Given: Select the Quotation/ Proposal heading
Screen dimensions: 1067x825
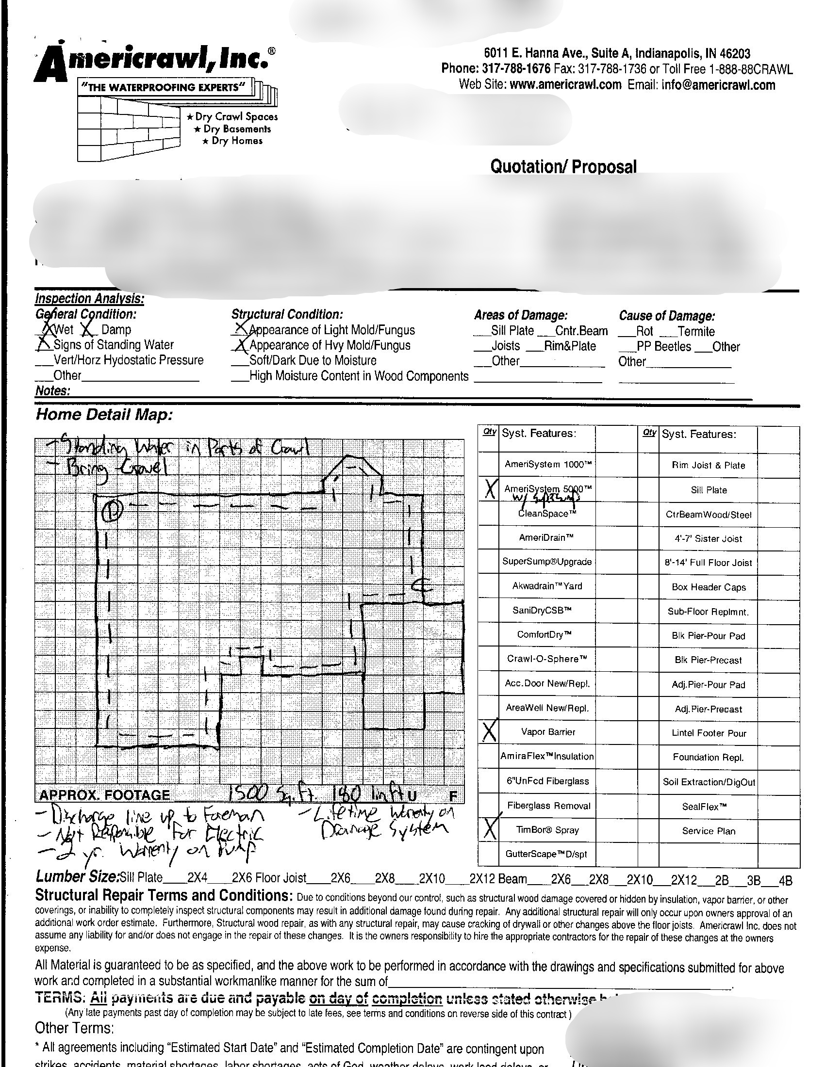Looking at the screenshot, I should coord(563,166).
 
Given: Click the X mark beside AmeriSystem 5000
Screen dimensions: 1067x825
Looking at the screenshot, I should coord(489,489).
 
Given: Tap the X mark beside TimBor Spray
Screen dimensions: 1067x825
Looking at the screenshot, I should coord(489,828).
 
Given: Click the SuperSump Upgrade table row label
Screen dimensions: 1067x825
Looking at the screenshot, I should coord(547,562).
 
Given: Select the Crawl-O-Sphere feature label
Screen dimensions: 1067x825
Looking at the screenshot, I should coord(547,659).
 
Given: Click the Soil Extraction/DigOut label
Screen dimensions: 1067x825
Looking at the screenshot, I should coord(709,782).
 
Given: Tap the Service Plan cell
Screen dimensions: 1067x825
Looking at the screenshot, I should coord(708,830).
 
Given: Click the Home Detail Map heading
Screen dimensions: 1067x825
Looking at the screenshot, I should coord(104,415).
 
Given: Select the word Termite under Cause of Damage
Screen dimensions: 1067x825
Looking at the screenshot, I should coord(696,332).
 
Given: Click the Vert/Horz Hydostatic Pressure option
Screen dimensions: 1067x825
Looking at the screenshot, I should coord(129,360).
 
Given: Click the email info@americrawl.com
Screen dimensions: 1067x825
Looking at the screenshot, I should coord(718,84).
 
